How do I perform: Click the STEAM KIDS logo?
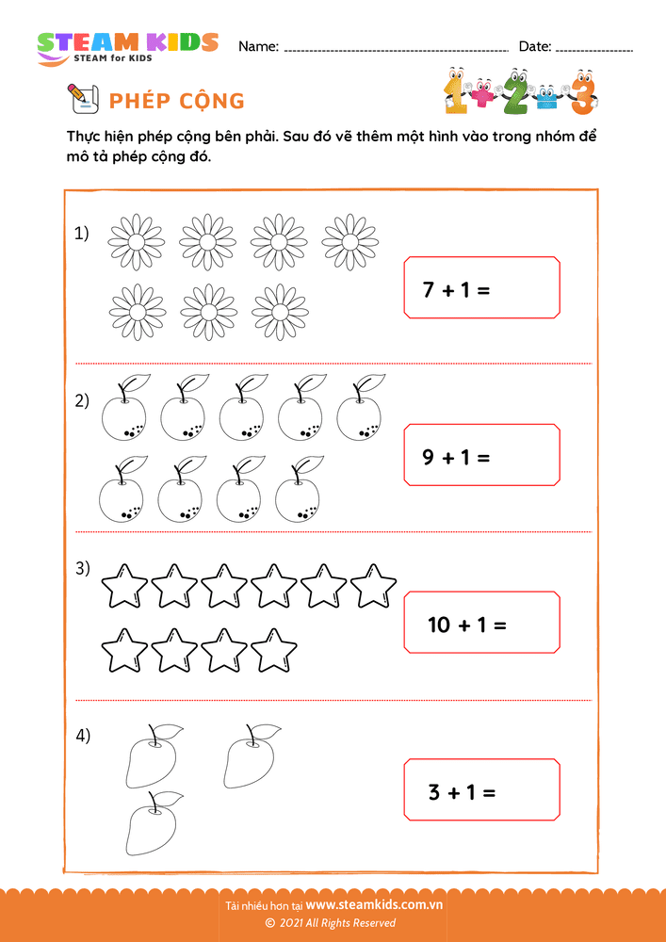tap(127, 46)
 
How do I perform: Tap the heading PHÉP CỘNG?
tap(177, 101)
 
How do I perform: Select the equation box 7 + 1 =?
tap(481, 288)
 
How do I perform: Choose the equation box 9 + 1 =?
tap(481, 456)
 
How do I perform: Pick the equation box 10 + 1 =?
tap(481, 623)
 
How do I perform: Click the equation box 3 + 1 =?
tap(481, 790)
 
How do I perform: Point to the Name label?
tap(258, 46)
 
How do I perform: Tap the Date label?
tap(535, 46)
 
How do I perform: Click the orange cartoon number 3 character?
tap(583, 92)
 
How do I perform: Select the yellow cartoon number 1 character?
tap(457, 92)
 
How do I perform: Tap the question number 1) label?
tap(82, 233)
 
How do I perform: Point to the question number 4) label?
tap(83, 736)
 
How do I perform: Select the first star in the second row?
tap(124, 650)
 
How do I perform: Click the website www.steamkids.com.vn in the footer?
tap(374, 905)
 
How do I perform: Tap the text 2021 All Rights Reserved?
tap(336, 923)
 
